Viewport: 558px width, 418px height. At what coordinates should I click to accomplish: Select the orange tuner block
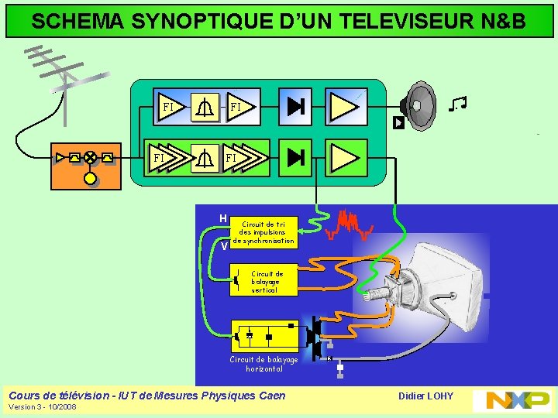91,164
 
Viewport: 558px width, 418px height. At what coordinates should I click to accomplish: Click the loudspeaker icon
419,106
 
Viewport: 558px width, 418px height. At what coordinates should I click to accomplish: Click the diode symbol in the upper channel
295,106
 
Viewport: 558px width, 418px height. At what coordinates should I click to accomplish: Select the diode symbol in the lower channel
295,158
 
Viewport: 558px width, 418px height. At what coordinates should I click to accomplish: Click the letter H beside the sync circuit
223,219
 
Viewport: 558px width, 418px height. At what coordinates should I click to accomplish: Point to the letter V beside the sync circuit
224,246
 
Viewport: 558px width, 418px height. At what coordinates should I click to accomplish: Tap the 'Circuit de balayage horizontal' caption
263,364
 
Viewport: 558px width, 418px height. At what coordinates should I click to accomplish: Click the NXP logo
517,399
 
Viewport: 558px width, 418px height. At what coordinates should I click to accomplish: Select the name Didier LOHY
425,396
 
